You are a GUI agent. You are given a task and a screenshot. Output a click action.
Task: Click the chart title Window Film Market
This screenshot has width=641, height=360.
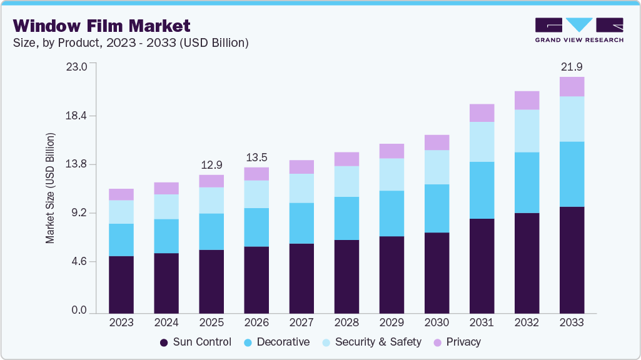click(x=102, y=26)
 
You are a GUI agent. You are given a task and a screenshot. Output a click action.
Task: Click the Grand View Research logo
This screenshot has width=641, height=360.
click(x=578, y=30)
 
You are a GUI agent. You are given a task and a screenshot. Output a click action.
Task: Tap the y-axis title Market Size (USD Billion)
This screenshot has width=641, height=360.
click(x=50, y=188)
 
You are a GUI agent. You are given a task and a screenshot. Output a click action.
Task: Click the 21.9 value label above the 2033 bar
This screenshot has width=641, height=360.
click(x=572, y=66)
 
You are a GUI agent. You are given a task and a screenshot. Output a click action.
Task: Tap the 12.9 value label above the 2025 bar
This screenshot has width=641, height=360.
click(x=211, y=165)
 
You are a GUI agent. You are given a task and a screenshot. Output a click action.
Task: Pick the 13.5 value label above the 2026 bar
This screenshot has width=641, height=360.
click(x=256, y=157)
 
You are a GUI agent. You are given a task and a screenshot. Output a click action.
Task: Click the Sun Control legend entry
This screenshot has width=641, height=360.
click(x=195, y=342)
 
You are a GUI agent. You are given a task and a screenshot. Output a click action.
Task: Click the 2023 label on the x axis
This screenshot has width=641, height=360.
click(x=121, y=322)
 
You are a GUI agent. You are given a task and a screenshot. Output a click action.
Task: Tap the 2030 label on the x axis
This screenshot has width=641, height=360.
click(x=437, y=322)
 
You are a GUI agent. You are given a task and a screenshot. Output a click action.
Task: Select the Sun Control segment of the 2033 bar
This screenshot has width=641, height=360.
click(x=572, y=259)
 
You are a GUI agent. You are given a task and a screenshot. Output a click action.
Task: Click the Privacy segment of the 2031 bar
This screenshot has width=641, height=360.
click(x=482, y=113)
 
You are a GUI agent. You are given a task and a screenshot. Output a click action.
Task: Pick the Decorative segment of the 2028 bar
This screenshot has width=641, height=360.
click(x=346, y=218)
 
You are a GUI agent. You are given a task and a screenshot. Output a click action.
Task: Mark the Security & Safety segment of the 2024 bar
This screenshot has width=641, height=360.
click(x=166, y=207)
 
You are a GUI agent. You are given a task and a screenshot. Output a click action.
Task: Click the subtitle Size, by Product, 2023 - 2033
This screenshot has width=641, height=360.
click(x=131, y=43)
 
